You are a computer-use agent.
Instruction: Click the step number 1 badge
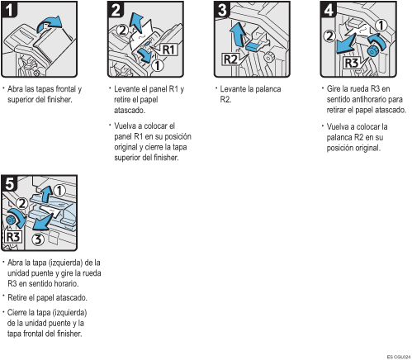click(x=9, y=9)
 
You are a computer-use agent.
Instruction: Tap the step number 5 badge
click(x=9, y=183)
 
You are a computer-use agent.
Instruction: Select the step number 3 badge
click(x=222, y=9)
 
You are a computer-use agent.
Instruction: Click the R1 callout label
click(x=168, y=50)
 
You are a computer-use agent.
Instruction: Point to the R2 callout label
click(x=230, y=59)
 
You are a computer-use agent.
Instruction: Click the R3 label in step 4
click(x=352, y=63)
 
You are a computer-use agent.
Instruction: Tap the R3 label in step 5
click(x=13, y=237)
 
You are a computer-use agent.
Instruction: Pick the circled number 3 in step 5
click(x=38, y=239)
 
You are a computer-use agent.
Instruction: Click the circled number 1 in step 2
click(x=157, y=65)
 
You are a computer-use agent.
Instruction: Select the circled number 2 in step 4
click(x=329, y=36)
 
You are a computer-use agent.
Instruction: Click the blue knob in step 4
click(x=373, y=51)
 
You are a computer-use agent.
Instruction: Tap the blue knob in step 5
click(x=10, y=220)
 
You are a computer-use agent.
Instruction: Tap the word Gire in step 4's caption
click(x=333, y=88)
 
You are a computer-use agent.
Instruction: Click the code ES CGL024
click(x=399, y=357)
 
